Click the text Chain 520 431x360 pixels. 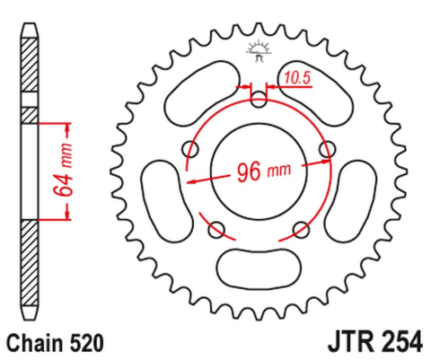click(x=57, y=342)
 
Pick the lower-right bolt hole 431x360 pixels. click(x=300, y=232)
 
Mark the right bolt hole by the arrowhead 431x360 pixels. click(x=327, y=150)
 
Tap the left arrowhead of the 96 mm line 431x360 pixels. click(x=190, y=179)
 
